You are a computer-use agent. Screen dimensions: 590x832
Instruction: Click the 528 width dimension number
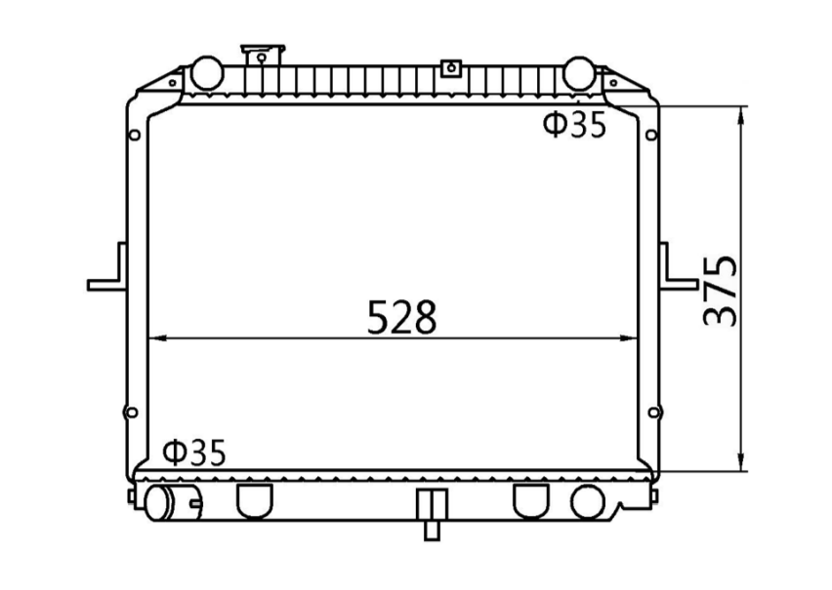click(401, 317)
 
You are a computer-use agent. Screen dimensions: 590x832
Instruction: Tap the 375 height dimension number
click(720, 291)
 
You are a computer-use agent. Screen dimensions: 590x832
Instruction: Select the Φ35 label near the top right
click(575, 126)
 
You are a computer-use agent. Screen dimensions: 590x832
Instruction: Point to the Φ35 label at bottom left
click(194, 452)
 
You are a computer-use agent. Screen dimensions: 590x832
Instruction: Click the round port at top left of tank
click(206, 71)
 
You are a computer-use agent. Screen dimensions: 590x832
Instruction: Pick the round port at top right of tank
click(578, 71)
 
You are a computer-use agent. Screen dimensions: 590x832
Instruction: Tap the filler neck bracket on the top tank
click(261, 55)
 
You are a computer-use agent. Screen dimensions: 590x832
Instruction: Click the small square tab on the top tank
click(450, 68)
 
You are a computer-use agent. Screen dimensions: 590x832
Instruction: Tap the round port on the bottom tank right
click(588, 501)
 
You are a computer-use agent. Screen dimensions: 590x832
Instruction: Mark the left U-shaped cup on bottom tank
click(254, 499)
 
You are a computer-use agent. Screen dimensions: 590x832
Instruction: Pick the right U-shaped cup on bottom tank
click(530, 499)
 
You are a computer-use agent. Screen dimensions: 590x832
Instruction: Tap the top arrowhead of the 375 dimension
click(743, 113)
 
